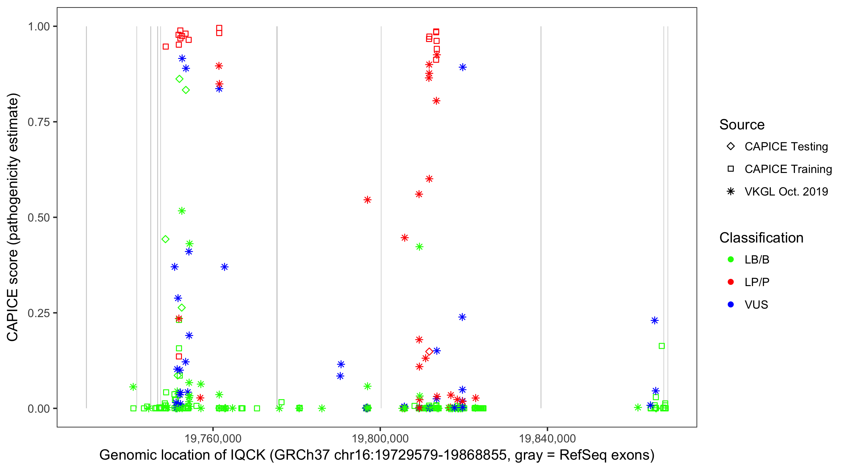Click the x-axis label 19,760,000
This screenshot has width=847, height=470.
coord(213,438)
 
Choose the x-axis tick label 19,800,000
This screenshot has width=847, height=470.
coord(380,438)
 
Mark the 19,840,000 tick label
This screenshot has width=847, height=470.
coord(547,438)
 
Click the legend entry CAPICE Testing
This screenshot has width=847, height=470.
coord(786,147)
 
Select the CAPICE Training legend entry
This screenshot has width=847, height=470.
coord(788,169)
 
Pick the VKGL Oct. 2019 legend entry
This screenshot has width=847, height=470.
coord(786,191)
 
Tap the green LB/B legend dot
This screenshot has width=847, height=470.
coord(731,259)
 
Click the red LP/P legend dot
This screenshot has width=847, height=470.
coord(731,282)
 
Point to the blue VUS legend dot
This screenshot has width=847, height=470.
coord(731,305)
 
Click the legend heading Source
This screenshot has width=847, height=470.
coord(742,125)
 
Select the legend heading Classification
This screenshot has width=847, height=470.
coord(761,238)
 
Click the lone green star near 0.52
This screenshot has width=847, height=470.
coord(182,211)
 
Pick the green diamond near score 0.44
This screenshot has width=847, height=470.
coord(166,239)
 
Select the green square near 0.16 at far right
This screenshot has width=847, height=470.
coord(662,346)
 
